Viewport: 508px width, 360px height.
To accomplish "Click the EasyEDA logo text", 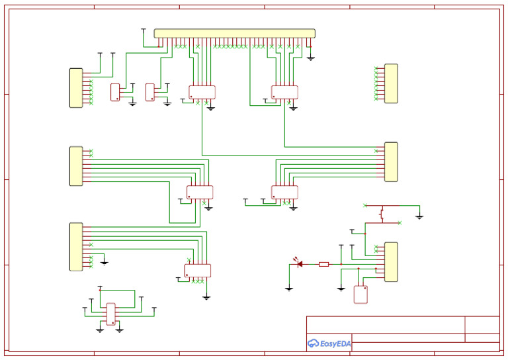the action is pos(335,343).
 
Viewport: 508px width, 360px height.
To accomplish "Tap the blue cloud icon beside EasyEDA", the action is pos(313,343).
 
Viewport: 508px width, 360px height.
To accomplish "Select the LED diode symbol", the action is pos(299,264).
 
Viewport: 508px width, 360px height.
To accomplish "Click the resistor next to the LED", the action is pos(324,265).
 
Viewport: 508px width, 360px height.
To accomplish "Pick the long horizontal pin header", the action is pos(235,33).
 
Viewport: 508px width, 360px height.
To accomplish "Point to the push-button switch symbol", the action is pos(382,214).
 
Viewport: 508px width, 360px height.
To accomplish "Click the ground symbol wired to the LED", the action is pos(289,289).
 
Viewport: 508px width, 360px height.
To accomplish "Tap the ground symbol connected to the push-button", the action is pos(419,217).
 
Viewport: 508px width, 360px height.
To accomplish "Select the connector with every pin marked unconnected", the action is pos(391,83).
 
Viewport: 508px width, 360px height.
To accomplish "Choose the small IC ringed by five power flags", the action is pos(111,314).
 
